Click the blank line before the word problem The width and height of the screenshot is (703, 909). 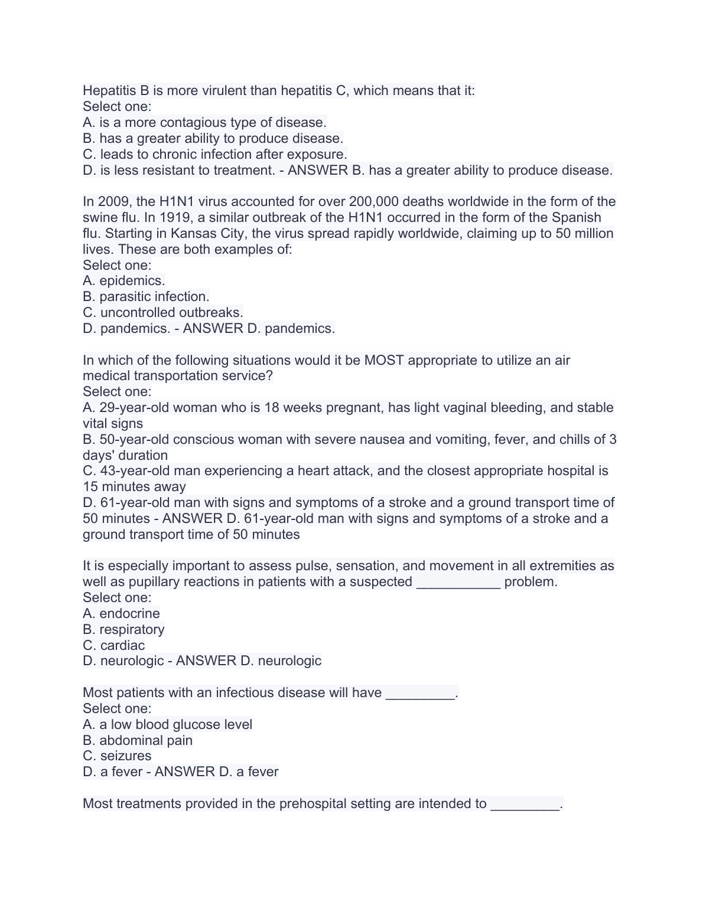tap(458, 582)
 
